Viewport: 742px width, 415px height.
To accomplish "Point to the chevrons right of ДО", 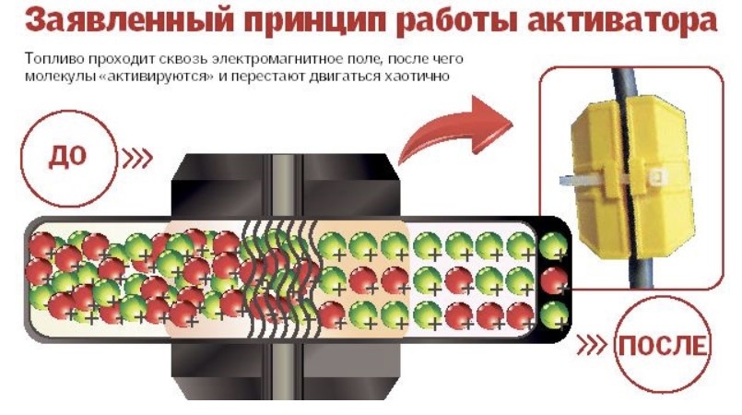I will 135,158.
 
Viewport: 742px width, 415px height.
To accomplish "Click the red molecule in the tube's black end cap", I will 554,279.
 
